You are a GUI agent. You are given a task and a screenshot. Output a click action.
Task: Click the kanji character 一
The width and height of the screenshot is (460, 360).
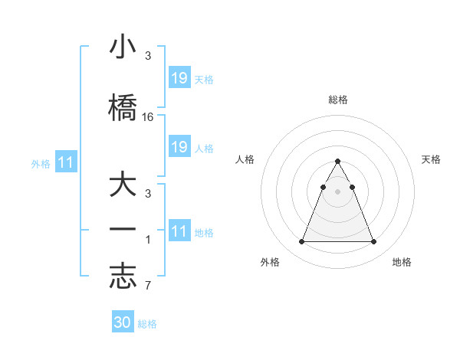tap(123, 229)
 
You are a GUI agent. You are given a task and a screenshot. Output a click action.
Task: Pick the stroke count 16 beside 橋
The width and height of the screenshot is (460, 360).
tap(148, 117)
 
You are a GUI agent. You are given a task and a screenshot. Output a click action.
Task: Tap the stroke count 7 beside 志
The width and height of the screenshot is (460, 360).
tap(148, 286)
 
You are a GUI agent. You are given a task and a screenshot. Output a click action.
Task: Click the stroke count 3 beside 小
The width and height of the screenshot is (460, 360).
tap(148, 56)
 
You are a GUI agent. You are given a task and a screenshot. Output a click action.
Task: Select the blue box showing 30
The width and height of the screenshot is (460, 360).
tap(123, 322)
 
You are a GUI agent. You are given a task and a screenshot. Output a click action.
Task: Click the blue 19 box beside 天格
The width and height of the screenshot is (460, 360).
tap(179, 77)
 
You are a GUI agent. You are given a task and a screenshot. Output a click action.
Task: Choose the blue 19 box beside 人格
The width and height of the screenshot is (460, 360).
tap(179, 147)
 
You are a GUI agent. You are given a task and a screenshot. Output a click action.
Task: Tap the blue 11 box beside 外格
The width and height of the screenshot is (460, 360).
tap(66, 162)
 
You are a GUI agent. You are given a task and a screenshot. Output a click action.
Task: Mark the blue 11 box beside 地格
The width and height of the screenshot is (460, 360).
tap(179, 231)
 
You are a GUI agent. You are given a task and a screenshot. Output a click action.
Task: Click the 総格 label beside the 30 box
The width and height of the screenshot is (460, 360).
tap(147, 324)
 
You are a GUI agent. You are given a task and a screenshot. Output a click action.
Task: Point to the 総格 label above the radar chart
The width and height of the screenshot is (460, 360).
tap(338, 100)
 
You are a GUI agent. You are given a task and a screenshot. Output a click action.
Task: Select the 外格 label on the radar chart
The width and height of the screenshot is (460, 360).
tap(270, 263)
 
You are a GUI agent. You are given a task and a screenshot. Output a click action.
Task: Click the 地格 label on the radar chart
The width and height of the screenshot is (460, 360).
tap(401, 263)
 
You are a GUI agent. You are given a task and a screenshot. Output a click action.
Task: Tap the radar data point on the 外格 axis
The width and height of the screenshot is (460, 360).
tap(301, 242)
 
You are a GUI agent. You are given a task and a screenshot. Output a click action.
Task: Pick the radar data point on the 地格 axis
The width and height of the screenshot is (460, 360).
tap(373, 242)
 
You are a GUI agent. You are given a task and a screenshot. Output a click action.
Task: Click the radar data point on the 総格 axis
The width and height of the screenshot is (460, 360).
tap(337, 162)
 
